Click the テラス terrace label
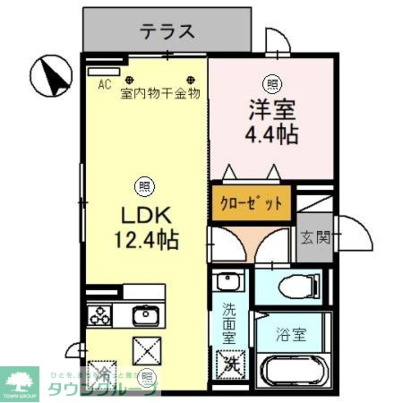click(x=167, y=31)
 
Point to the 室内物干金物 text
click(x=160, y=94)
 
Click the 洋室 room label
click(x=272, y=110)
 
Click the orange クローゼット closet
click(x=251, y=203)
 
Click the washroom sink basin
click(x=228, y=281)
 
